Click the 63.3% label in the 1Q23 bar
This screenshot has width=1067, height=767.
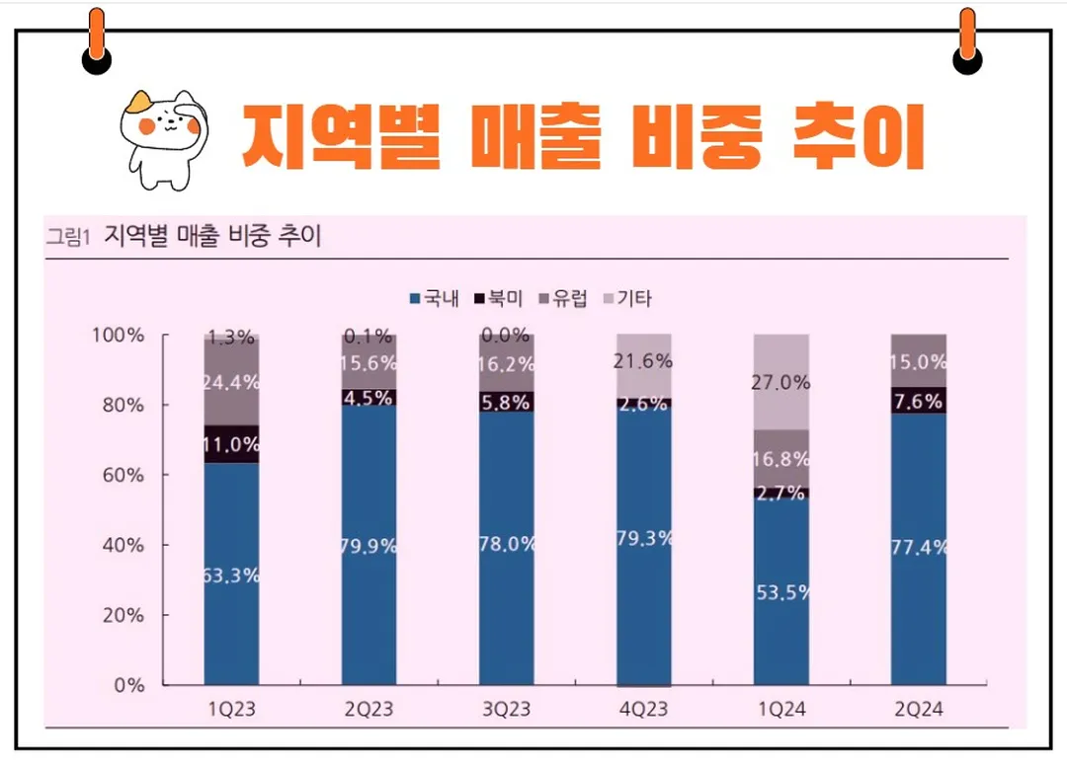click(231, 575)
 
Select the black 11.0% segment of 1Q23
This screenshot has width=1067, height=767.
click(231, 444)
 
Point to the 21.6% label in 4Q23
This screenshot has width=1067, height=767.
click(643, 361)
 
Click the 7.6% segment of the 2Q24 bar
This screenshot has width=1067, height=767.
click(918, 400)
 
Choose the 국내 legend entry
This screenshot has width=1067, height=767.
click(434, 298)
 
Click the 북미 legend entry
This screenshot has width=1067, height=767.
click(499, 298)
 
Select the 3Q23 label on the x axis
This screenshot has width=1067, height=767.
click(506, 710)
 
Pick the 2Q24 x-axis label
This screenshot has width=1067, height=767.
click(918, 710)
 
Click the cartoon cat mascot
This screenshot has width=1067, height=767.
click(163, 136)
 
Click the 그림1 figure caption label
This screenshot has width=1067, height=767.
click(67, 237)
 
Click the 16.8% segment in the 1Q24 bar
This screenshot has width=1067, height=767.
click(781, 459)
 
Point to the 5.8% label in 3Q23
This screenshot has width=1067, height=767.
click(506, 403)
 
